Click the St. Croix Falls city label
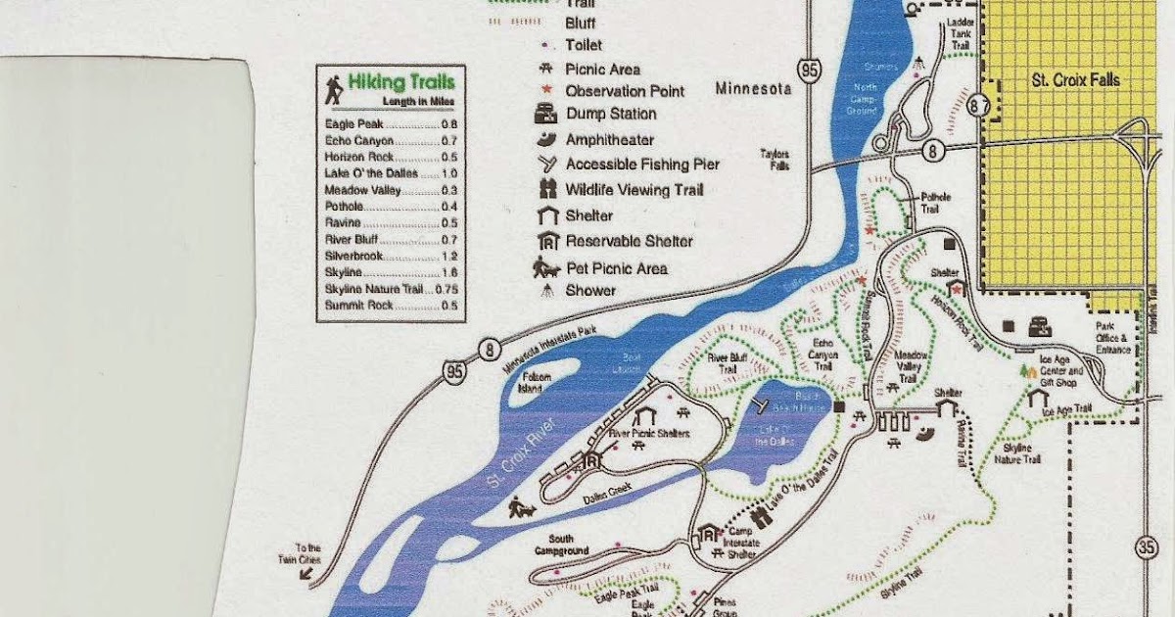tap(1075, 80)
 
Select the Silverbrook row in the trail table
tap(392, 254)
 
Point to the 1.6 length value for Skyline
tap(449, 271)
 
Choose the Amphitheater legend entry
tap(609, 140)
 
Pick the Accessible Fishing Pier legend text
tap(642, 165)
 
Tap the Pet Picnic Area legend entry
tap(616, 268)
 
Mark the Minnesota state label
tap(753, 89)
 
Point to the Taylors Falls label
tap(774, 160)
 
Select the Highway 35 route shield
tap(1147, 547)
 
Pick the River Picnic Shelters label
tap(649, 433)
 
